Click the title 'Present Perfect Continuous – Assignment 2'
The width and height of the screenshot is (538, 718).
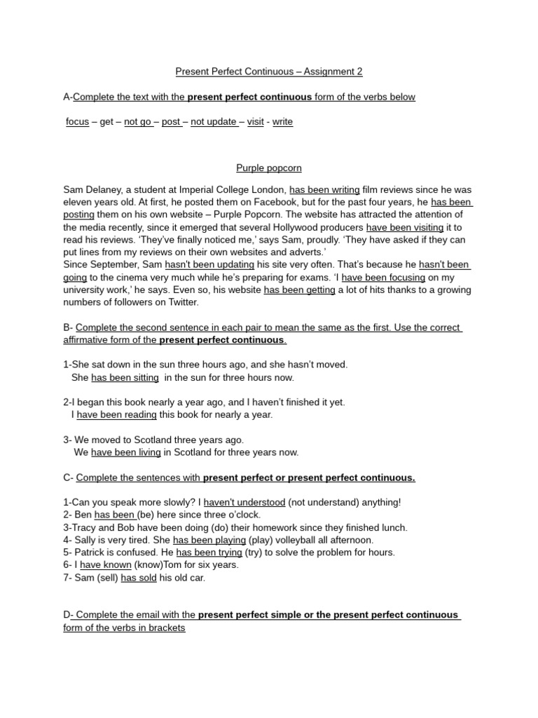268,72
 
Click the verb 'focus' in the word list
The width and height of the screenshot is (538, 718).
77,122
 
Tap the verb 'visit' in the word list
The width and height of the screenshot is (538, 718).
256,122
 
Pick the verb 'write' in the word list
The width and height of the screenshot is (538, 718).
282,122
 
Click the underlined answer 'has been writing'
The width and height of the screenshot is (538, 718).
324,190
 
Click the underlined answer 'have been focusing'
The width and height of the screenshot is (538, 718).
383,278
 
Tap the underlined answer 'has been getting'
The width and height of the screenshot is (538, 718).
299,290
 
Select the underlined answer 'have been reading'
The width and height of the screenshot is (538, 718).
116,415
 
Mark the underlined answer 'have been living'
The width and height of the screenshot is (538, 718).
126,453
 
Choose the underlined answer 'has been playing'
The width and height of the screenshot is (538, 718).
209,541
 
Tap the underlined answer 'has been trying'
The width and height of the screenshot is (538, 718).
209,553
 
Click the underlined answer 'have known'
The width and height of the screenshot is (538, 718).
106,565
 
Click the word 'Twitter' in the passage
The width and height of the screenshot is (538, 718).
181,303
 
